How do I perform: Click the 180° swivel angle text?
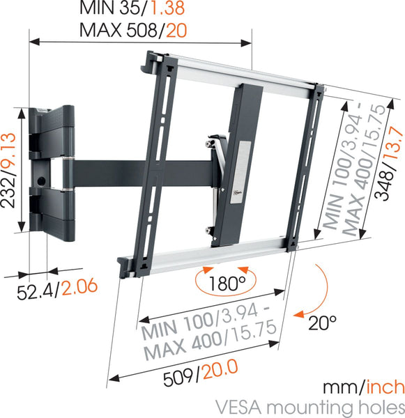click(x=224, y=284)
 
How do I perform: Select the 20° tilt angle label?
click(x=323, y=323)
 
